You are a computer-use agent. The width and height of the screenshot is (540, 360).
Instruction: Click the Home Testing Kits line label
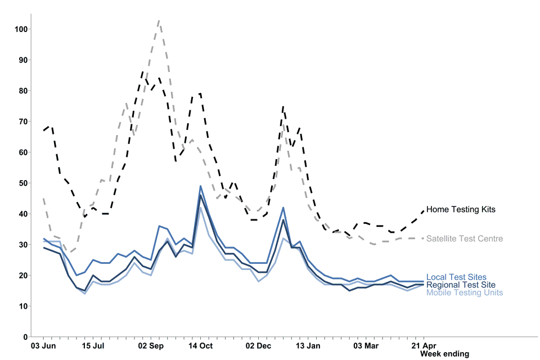point(461,209)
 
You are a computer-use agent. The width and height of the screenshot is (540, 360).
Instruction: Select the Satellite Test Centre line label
point(465,239)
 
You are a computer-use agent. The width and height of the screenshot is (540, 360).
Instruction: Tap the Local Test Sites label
point(456,277)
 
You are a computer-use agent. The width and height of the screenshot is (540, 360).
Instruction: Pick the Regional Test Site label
point(461,285)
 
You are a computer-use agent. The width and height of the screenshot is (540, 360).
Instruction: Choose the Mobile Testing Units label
point(465,292)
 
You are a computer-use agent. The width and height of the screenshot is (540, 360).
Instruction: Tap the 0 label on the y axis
point(26,337)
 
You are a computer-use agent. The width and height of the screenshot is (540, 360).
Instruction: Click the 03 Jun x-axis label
point(43,345)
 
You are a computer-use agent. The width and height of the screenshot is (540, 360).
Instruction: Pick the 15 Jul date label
point(93,345)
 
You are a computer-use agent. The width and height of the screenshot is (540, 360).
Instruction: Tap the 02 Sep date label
point(150,345)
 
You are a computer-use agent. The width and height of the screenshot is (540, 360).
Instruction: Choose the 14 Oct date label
point(200,345)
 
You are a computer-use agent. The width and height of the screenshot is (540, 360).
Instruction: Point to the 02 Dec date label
point(259,345)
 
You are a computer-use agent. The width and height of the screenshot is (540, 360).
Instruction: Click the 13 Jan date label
point(308,345)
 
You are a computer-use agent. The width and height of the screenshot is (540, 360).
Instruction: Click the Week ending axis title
point(445,354)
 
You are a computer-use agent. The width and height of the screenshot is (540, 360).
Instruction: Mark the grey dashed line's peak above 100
point(159,20)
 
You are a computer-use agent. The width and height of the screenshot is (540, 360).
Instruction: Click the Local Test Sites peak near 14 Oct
point(200,186)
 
